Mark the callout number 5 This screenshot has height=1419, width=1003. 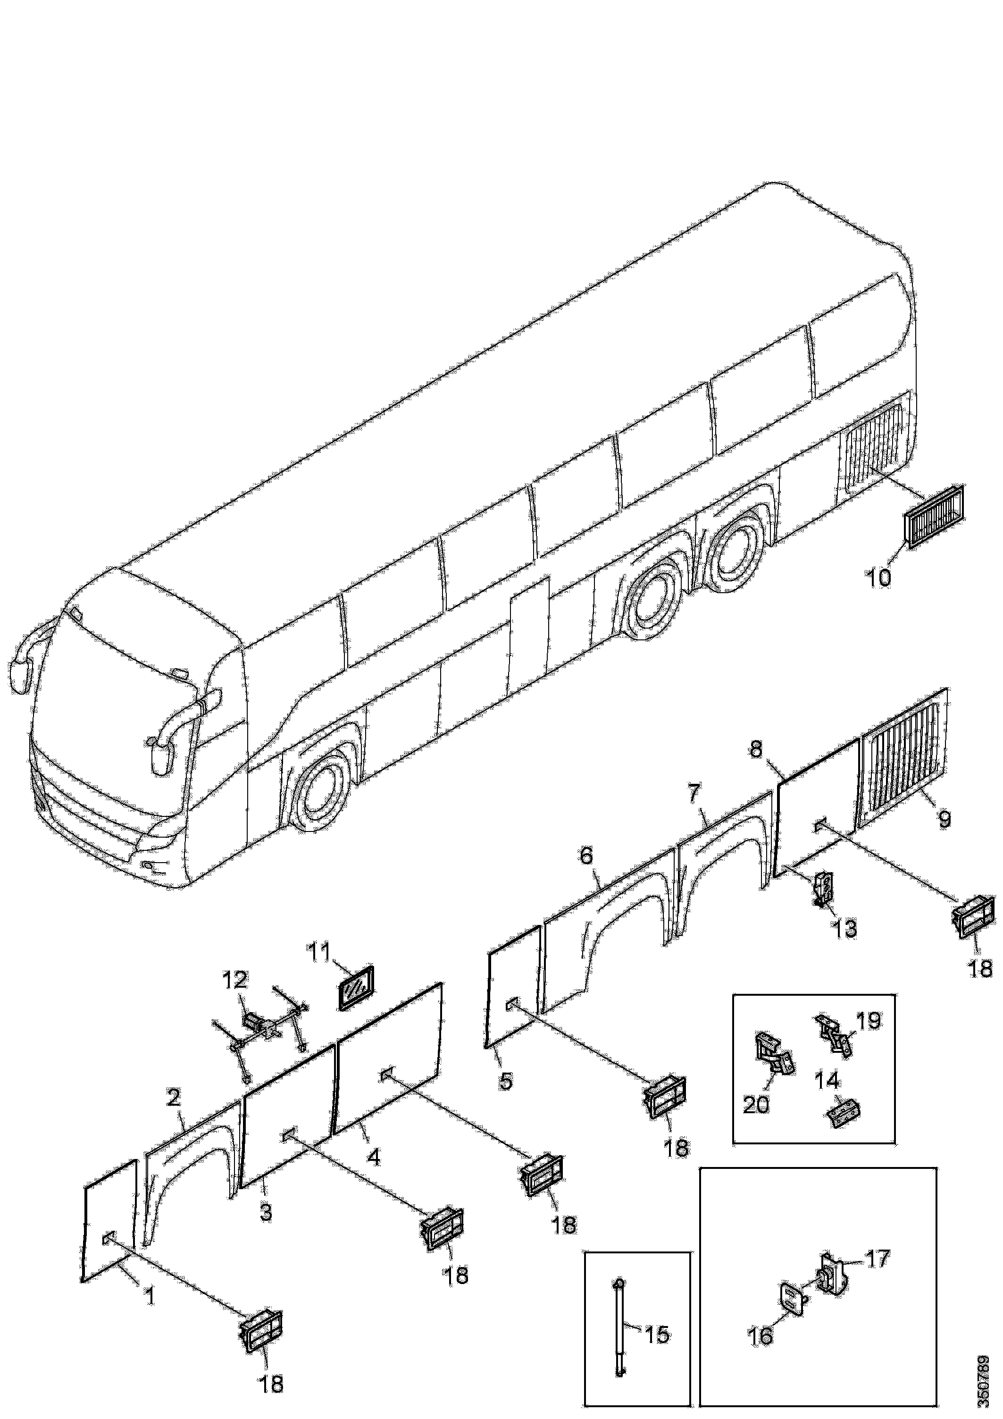506,1081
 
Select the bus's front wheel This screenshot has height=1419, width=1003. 321,797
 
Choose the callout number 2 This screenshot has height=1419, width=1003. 174,1098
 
